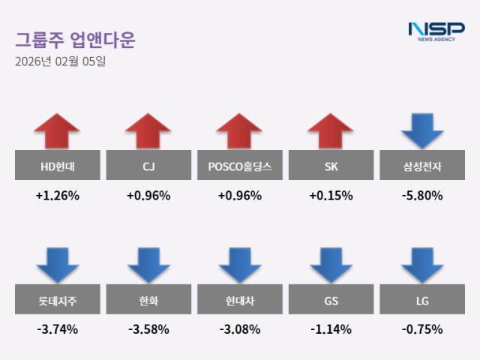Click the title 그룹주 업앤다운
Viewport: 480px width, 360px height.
pos(75,39)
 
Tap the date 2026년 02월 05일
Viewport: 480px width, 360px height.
pos(60,61)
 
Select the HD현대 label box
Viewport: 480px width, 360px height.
pos(57,165)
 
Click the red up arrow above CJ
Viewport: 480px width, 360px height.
pos(148,131)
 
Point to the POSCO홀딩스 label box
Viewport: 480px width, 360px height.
pos(240,165)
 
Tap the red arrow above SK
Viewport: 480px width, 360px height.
pos(331,131)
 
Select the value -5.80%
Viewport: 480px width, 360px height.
pos(422,196)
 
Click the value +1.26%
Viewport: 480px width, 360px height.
pos(57,196)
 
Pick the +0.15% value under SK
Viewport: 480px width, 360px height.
pos(331,196)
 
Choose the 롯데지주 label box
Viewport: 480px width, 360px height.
pos(57,301)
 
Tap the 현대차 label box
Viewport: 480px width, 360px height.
pos(240,301)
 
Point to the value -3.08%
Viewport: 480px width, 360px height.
pos(240,329)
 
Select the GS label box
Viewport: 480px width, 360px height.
pos(331,301)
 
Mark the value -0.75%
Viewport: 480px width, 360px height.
pos(422,329)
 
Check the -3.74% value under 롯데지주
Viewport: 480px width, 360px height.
pos(57,329)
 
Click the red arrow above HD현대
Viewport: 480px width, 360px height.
pos(57,131)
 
